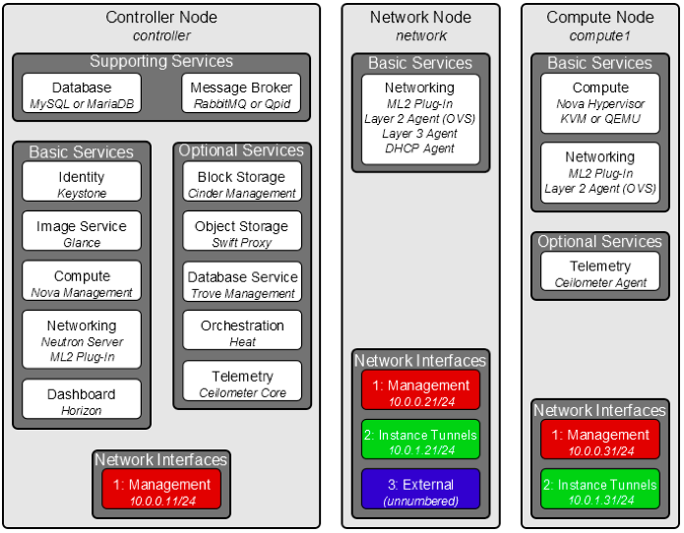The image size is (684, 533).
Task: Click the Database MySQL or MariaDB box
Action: click(82, 94)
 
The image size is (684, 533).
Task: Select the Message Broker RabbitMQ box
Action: click(242, 94)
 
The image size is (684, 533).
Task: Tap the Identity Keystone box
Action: click(82, 183)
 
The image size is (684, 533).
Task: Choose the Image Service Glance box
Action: click(82, 233)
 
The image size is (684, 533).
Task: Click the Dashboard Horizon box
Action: click(82, 400)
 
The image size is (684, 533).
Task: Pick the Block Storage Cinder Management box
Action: click(242, 183)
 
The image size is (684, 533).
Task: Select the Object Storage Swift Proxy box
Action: click(242, 233)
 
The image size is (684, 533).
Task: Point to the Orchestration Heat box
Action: click(242, 332)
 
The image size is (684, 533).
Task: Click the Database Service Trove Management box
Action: click(242, 283)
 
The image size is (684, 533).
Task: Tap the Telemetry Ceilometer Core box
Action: click(242, 383)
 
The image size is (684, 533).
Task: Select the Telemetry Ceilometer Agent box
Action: click(600, 272)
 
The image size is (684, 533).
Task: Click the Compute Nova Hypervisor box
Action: click(600, 104)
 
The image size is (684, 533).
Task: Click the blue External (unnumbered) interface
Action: click(420, 490)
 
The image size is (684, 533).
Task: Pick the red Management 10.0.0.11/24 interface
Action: click(161, 490)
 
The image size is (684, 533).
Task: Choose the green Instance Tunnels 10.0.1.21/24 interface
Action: click(420, 440)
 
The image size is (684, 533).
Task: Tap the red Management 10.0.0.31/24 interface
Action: click(600, 440)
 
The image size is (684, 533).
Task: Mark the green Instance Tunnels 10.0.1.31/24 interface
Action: click(600, 490)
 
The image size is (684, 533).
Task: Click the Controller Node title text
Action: click(161, 17)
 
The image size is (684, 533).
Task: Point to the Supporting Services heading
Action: click(161, 61)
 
